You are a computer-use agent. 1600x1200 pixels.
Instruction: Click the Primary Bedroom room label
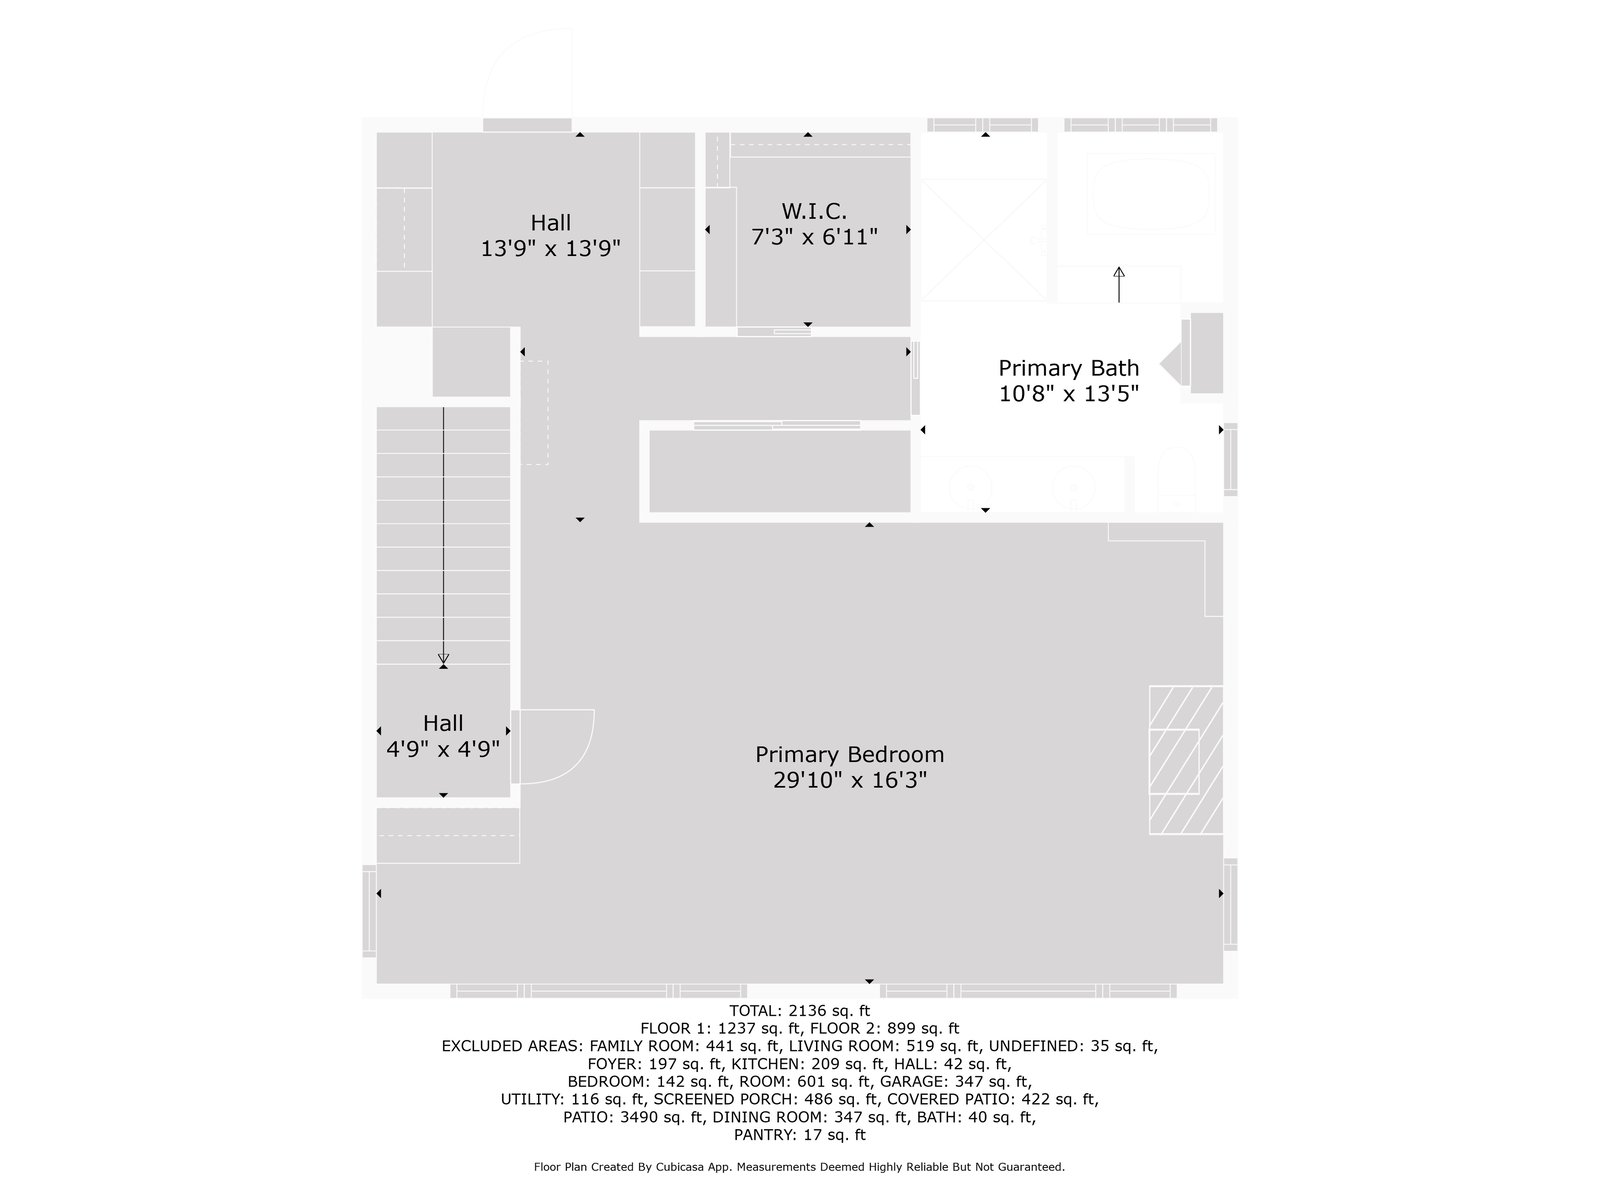tap(849, 754)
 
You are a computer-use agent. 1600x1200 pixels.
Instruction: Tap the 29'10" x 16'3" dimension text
tap(850, 780)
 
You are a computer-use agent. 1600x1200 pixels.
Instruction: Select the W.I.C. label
tap(814, 211)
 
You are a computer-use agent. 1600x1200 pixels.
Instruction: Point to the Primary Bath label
tap(1069, 368)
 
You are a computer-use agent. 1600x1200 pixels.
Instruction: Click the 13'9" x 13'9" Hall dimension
tap(550, 248)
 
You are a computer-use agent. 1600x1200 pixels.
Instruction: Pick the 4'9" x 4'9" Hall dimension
tap(443, 749)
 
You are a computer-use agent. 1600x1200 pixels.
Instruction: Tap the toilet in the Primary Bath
tap(1176, 478)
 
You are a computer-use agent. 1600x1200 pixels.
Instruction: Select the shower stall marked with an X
tap(984, 239)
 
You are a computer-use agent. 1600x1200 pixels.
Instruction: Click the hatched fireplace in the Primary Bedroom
tap(1186, 760)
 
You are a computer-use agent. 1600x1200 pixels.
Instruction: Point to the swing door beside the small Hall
tap(554, 747)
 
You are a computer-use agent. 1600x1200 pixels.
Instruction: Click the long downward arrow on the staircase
tap(443, 536)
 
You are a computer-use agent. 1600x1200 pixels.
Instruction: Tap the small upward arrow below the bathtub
tap(1119, 284)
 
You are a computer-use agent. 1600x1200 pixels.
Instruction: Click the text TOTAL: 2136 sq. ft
tap(800, 1011)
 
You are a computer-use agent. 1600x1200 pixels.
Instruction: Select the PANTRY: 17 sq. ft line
tap(800, 1134)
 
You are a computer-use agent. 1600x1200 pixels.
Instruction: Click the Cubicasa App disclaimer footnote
tap(800, 1166)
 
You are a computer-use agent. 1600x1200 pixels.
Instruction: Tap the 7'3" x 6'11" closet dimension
tap(814, 237)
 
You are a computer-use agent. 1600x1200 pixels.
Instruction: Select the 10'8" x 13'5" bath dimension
tap(1069, 394)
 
